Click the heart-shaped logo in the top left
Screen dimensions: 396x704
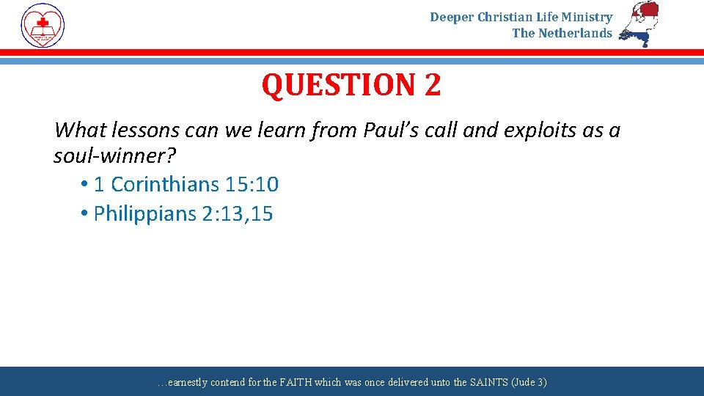(x=43, y=26)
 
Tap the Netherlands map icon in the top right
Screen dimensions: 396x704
(x=639, y=23)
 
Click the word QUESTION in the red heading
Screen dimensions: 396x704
(x=338, y=85)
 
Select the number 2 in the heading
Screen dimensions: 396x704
(x=432, y=85)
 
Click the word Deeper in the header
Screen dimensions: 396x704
(x=452, y=17)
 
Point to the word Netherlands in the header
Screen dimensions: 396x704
(x=575, y=33)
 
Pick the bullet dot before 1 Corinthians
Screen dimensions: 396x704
(x=85, y=184)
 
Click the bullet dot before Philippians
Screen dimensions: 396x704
(x=85, y=214)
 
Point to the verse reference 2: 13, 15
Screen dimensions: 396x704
(x=237, y=214)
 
